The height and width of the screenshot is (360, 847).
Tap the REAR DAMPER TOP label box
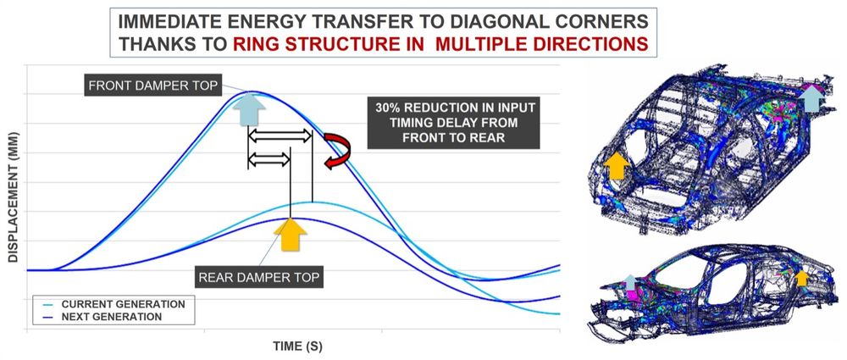tap(259, 278)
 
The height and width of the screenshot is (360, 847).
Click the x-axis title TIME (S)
tap(297, 346)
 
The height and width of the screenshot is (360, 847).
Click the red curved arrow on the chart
tap(338, 152)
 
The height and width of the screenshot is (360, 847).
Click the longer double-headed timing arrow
tap(280, 136)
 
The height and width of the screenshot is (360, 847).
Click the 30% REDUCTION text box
tap(453, 123)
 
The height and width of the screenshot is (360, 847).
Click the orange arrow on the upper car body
tap(616, 165)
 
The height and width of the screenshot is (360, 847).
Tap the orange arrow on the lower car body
tap(802, 278)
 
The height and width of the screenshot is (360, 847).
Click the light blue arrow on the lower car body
tap(630, 282)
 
